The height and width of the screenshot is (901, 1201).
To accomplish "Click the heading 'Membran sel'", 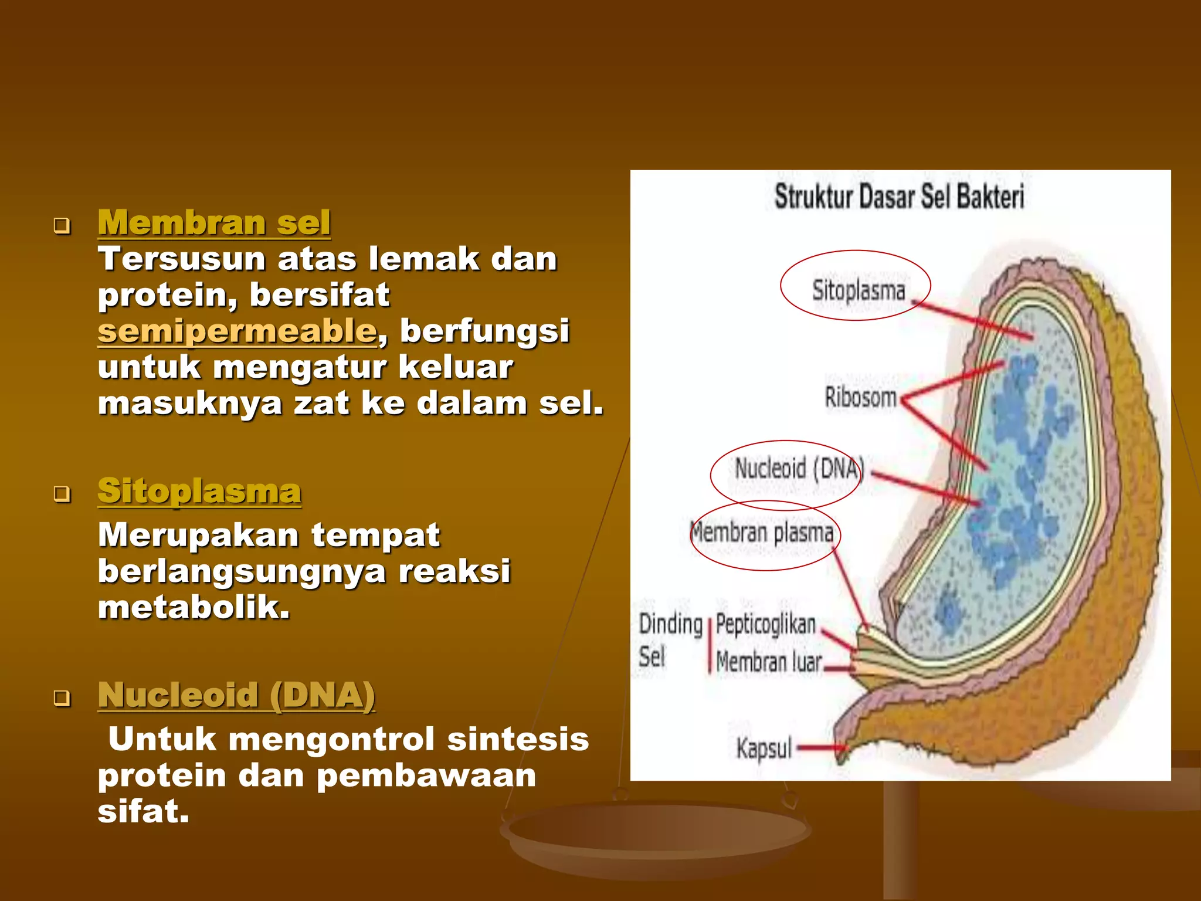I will click(214, 223).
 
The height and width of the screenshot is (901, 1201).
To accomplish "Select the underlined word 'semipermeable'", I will click(237, 331).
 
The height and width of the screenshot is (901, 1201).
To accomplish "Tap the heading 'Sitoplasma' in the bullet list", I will click(199, 491).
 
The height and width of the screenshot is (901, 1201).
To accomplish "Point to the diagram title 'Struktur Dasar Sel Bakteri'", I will click(899, 197).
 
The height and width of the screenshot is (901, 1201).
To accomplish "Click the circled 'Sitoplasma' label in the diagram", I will click(858, 290).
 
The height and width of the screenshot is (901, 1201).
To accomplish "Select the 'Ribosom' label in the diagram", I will click(860, 397).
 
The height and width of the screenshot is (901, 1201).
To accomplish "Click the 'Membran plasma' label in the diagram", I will click(762, 533).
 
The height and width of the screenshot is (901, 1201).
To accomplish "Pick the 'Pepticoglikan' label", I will click(765, 624).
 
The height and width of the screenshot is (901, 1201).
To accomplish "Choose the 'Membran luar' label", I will click(769, 662).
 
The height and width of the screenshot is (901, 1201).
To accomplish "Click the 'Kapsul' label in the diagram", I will click(764, 749).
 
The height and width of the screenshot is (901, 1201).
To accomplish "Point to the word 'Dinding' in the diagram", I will click(670, 624).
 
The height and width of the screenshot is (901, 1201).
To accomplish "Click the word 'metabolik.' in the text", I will click(194, 607).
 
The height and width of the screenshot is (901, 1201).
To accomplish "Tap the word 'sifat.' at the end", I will click(144, 812).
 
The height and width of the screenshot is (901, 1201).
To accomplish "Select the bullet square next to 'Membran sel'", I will click(62, 225).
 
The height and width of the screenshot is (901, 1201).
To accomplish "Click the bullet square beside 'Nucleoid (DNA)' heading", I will click(62, 698).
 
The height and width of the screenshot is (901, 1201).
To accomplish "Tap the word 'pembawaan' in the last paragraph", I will click(426, 775).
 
